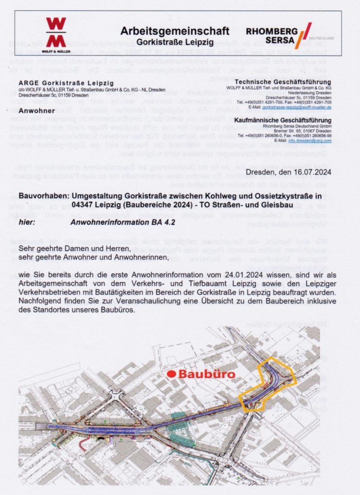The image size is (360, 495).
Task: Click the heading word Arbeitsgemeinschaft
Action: (x=175, y=31)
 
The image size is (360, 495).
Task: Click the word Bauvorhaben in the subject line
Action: (x=47, y=197)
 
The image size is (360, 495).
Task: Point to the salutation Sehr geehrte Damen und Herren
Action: (x=75, y=248)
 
